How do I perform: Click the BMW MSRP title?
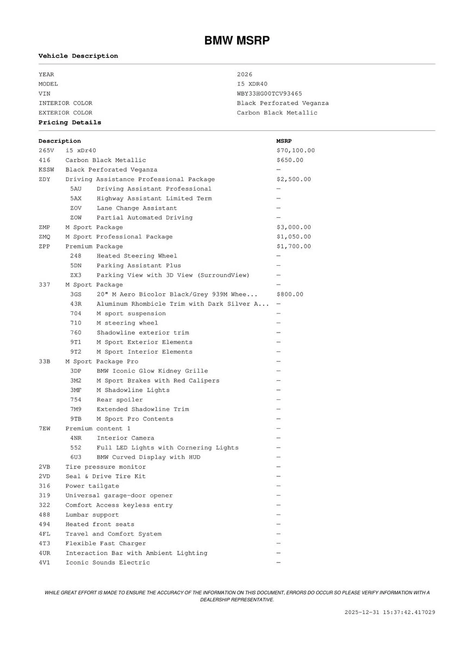coord(236,41)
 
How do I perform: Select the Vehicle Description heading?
coord(78,56)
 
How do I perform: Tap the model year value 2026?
coord(245,74)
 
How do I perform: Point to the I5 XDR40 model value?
coord(252,84)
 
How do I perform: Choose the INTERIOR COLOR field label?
coord(65,103)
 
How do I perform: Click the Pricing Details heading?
coord(70,123)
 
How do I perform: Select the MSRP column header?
coord(284,141)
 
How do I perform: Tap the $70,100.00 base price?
coord(295,151)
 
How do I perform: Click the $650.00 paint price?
coord(290,160)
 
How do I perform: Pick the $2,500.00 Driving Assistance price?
coord(294,179)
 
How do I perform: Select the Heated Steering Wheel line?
coord(136,256)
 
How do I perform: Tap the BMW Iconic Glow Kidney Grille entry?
coord(152,371)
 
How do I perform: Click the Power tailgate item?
coord(92,486)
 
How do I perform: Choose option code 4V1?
coord(44,563)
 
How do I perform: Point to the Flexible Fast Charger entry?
coord(105,543)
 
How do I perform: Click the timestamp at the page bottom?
coord(390,612)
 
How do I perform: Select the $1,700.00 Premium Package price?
coord(294,246)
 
